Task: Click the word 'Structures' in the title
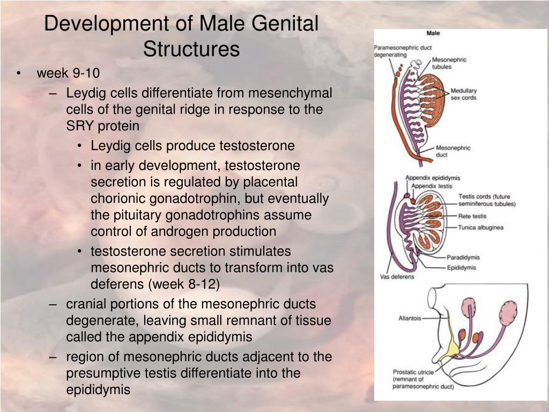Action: pos(191,49)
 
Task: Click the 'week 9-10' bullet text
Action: pos(68,73)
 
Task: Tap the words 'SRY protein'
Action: pos(102,126)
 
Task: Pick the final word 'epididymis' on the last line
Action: pos(98,390)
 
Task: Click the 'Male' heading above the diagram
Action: pos(433,33)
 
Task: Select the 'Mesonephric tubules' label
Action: pos(449,63)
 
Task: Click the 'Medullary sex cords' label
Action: pos(463,94)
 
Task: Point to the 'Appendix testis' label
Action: pos(432,186)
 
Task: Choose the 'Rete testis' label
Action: pos(472,216)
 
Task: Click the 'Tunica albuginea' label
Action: pos(481,227)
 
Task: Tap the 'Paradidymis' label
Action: pos(463,257)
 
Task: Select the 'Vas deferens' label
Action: pos(397,277)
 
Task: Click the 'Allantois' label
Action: pos(410,318)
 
